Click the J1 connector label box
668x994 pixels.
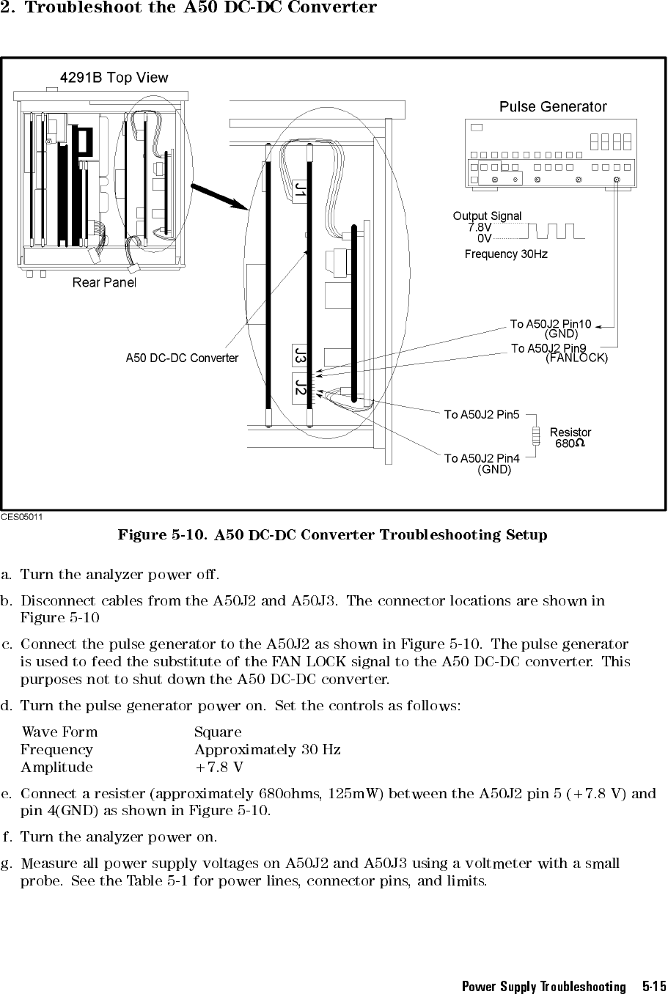click(x=301, y=191)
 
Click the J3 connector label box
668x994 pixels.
click(x=301, y=357)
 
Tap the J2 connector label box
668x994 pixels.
click(x=301, y=386)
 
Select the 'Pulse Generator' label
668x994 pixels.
click(x=553, y=107)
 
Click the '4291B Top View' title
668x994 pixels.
click(x=114, y=78)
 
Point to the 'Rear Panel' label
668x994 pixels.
click(x=104, y=282)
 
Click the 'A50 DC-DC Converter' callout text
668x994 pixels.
click(x=182, y=358)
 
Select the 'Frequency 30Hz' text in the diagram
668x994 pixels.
click(x=506, y=254)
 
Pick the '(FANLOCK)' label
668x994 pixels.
click(x=577, y=358)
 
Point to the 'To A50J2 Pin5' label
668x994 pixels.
click(x=482, y=416)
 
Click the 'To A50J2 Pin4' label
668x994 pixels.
click(x=482, y=459)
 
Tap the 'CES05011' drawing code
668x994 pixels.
click(x=22, y=517)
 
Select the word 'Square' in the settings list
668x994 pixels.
click(x=218, y=732)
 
